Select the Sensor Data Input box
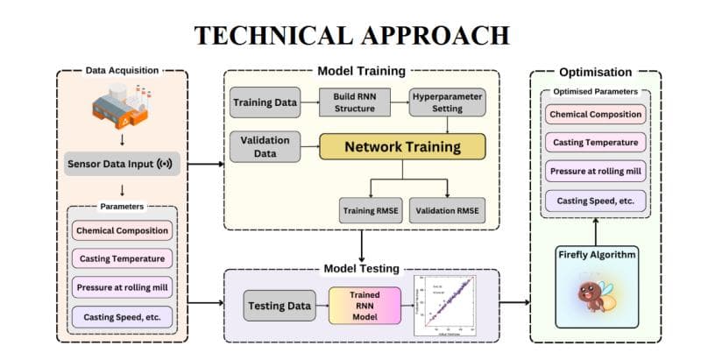click(x=120, y=164)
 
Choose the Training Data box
click(x=264, y=102)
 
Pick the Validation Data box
click(x=264, y=146)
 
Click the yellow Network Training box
click(x=401, y=146)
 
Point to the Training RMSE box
click(x=371, y=209)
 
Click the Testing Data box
click(x=277, y=306)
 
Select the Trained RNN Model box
click(x=363, y=306)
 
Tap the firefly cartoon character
click(x=596, y=297)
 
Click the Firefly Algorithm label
click(x=596, y=254)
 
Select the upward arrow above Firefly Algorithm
click(x=597, y=229)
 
